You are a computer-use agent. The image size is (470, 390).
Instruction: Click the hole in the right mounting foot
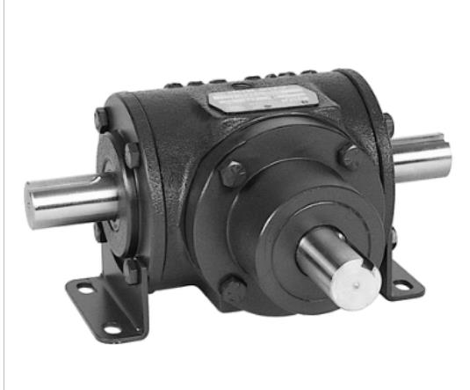401,285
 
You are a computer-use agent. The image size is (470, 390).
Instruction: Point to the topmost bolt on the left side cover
102,117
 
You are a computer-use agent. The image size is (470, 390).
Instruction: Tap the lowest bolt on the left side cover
131,268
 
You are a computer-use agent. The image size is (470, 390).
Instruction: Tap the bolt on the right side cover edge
387,123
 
